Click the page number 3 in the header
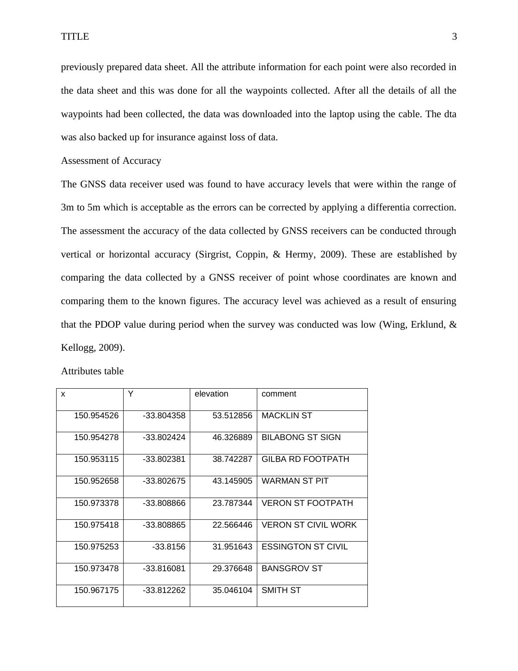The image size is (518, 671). coord(454,37)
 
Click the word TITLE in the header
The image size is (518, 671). coord(75,37)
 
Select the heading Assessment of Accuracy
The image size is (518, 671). coord(111,161)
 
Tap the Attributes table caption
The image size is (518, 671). coord(92,371)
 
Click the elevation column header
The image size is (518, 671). coord(211,394)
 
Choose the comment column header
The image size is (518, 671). coord(279,394)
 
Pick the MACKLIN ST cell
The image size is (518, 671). coord(286,416)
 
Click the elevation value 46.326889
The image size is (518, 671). coord(232,437)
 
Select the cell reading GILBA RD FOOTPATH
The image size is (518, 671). coord(305,459)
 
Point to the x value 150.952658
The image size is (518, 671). coord(96,481)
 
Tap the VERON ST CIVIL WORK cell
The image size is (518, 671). coord(309,525)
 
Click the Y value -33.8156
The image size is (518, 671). coord(168,547)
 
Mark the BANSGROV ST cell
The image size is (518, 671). coord(292,569)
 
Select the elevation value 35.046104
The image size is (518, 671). coord(232,590)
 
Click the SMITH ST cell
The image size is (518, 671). coord(281,590)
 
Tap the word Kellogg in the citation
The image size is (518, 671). coord(76,348)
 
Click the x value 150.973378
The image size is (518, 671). coord(96,503)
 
